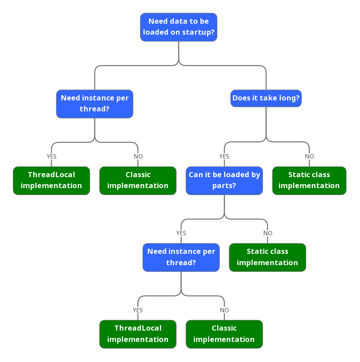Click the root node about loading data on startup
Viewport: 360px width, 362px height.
(179, 27)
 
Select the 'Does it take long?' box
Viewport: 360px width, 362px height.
(266, 98)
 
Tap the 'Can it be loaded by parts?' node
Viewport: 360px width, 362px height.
(224, 180)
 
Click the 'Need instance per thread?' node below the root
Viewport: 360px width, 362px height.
(95, 104)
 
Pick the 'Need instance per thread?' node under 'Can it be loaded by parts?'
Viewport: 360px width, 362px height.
(181, 257)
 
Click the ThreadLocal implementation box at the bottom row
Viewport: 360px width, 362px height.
(138, 334)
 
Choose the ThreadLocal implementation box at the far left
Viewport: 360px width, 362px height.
(51, 180)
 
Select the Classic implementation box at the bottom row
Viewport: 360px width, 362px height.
(224, 334)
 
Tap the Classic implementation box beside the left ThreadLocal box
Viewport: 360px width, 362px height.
(138, 180)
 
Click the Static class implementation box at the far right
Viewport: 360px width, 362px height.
(309, 180)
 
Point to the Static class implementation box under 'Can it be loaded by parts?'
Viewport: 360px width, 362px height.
(267, 257)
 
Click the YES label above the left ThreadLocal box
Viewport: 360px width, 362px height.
(51, 156)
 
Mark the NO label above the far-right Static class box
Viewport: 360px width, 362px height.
(309, 156)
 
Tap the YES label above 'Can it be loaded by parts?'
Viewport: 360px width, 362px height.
(224, 156)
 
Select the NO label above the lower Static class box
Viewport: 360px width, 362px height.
(268, 233)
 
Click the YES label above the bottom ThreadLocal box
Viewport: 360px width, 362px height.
(138, 310)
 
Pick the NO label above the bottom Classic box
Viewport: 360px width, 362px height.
(224, 310)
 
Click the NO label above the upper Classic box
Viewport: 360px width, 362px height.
(138, 156)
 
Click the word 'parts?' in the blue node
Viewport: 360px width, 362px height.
(224, 186)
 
